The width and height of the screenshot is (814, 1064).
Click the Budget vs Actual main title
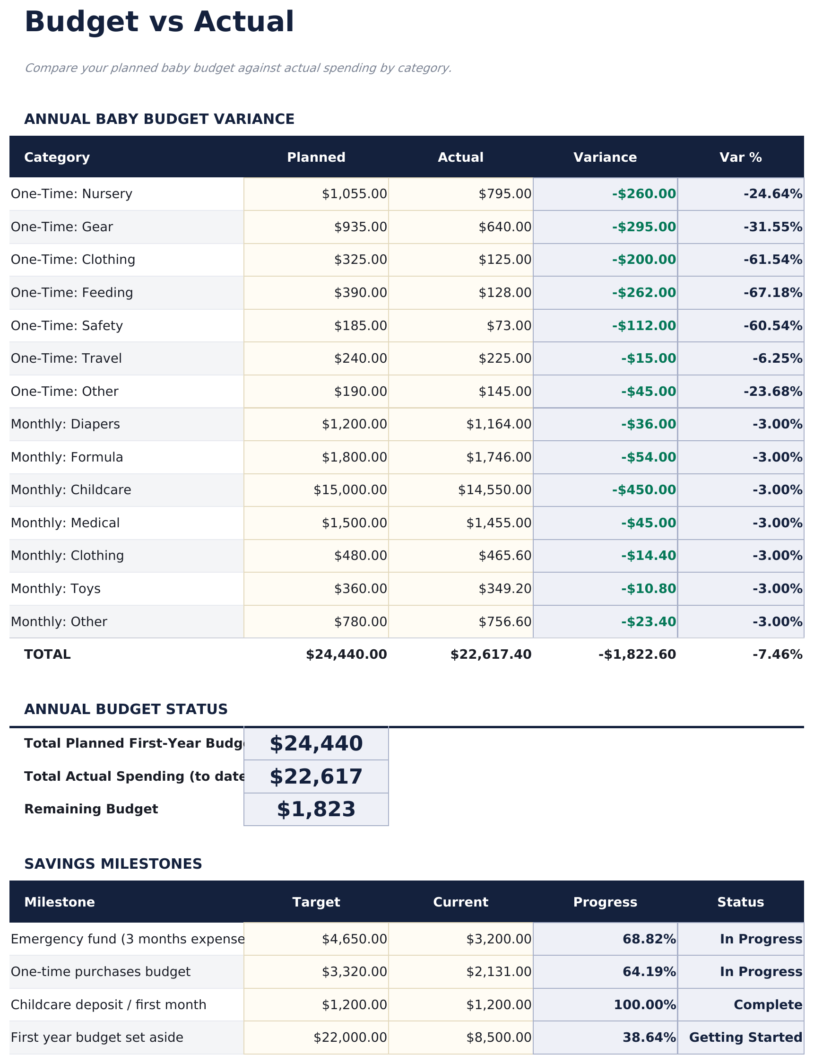(159, 22)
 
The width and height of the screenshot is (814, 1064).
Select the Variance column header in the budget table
(605, 157)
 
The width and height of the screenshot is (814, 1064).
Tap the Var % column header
(740, 157)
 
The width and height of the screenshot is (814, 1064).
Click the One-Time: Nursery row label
(71, 194)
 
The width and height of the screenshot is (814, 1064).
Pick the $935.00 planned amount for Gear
(361, 227)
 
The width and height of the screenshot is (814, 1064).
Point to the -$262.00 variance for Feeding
(643, 293)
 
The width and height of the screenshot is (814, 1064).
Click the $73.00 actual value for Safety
(509, 326)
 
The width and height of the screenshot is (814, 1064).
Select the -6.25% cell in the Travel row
(777, 359)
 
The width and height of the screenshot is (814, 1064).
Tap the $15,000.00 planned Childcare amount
(350, 490)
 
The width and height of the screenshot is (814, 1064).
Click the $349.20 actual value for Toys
(505, 589)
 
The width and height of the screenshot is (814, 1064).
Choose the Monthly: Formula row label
(67, 458)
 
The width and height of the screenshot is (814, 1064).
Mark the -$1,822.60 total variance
(637, 655)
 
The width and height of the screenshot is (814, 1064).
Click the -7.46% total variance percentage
(777, 655)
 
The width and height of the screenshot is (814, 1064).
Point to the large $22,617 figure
(316, 777)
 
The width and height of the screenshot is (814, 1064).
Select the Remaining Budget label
(91, 810)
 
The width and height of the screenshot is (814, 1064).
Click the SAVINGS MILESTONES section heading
(113, 864)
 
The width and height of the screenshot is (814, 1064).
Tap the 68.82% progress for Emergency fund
(649, 940)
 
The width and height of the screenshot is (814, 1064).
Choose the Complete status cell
(768, 1005)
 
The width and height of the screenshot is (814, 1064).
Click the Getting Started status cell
(745, 1038)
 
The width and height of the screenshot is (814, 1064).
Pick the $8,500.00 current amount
(499, 1038)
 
